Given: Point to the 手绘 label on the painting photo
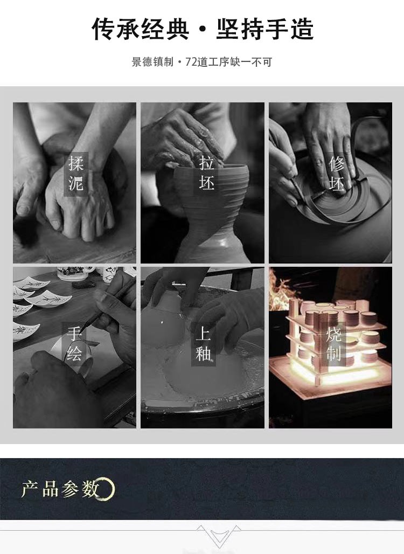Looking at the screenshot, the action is tap(74, 343).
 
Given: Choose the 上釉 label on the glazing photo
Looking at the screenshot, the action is tap(204, 343).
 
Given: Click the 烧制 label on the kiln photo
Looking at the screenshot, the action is tap(333, 343).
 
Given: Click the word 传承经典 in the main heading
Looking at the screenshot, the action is tap(140, 29).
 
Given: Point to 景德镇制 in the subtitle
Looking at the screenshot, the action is tap(152, 62).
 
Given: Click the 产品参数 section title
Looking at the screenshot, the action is tap(60, 489).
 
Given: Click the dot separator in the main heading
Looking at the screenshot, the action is tap(203, 30).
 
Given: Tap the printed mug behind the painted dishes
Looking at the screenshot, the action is tap(72, 273).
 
